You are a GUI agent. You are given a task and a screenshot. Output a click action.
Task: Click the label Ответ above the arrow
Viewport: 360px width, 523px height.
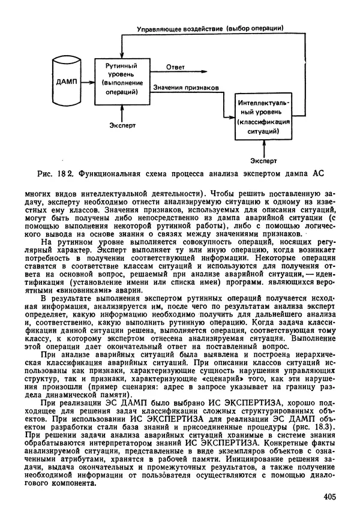point(175,66)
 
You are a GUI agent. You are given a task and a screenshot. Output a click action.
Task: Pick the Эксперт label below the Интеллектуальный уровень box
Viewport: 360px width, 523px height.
point(264,160)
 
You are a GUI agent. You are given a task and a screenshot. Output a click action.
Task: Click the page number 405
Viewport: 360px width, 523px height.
point(329,496)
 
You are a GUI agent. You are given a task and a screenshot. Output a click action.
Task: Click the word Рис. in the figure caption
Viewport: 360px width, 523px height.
point(46,175)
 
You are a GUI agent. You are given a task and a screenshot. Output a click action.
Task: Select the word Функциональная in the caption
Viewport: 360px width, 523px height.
point(113,175)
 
